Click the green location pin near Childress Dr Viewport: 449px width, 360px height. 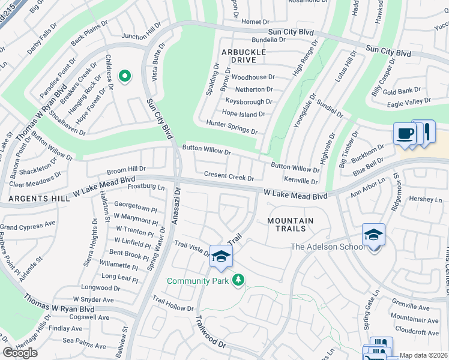125,76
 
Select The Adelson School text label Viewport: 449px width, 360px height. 327,247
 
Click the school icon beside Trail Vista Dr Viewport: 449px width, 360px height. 221,257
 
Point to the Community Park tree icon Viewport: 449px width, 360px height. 238,280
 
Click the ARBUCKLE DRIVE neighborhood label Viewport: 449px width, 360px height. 244,56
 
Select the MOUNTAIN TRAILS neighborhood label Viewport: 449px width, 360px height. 291,224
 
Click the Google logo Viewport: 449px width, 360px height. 19,353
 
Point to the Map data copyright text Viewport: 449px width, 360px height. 424,355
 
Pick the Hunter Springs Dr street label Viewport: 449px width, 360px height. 232,127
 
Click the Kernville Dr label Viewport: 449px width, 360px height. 300,181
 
